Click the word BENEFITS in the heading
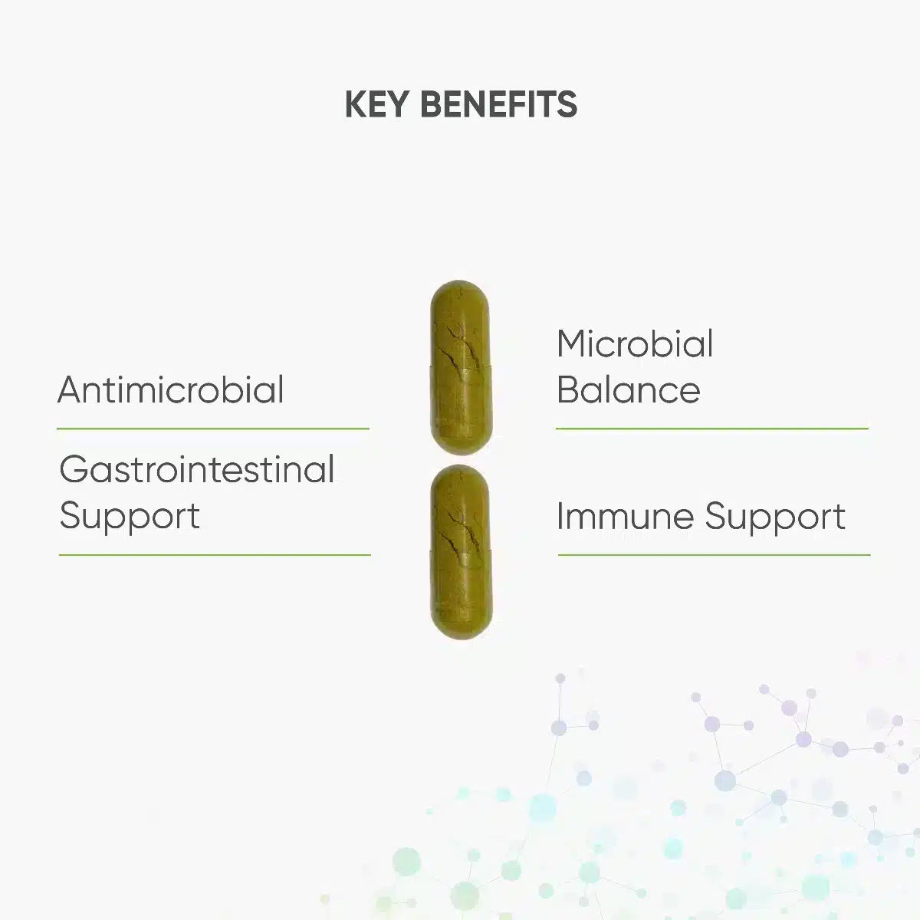[x=499, y=104]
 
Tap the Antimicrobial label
[x=170, y=389]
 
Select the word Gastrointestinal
[x=197, y=469]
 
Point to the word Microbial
[x=635, y=343]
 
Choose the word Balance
[x=629, y=389]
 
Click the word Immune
[x=625, y=516]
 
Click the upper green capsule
[x=461, y=368]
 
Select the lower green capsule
[x=461, y=552]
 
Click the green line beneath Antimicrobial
[x=213, y=429]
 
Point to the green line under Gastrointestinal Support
[x=215, y=555]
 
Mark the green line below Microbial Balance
[x=711, y=429]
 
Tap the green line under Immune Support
[x=715, y=555]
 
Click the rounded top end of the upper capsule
[x=460, y=283]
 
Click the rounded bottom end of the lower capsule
[x=462, y=636]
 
